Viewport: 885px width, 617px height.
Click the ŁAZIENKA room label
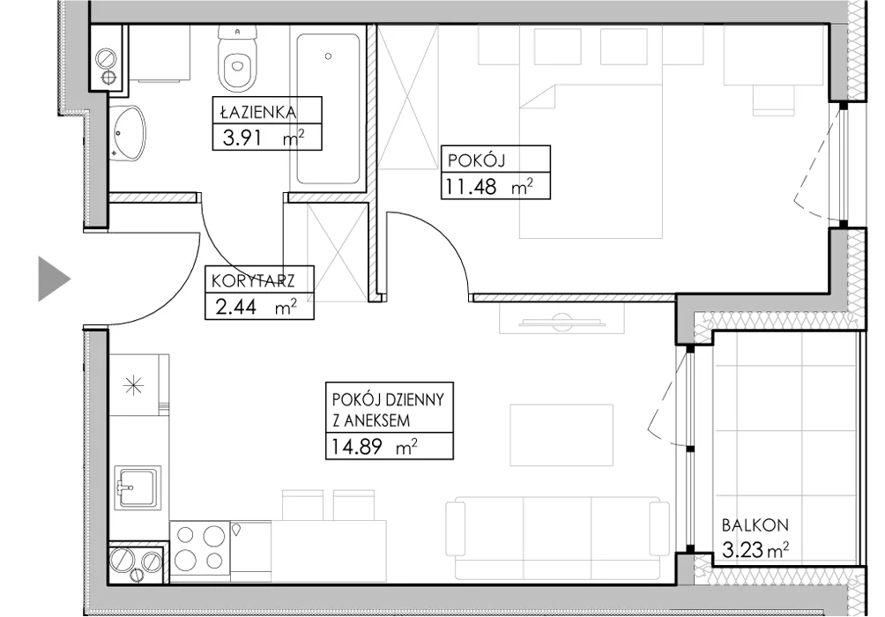coord(258,112)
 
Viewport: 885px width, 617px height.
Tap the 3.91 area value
coord(242,138)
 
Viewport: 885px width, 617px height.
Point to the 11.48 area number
coord(471,186)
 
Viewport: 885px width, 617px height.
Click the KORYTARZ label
coord(253,280)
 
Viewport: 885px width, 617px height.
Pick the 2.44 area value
coord(236,307)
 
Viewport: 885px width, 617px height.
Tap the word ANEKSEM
coord(371,420)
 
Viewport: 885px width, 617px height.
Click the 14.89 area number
coord(356,447)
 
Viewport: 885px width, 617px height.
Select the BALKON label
coord(755,525)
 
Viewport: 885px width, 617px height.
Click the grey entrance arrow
coord(54,279)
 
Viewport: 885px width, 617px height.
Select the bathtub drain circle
coord(328,56)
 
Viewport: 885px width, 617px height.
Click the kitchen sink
coord(138,487)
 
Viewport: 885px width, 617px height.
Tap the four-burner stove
coord(200,547)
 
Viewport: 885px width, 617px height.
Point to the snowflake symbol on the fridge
coord(134,386)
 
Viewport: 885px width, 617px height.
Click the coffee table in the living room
coord(561,435)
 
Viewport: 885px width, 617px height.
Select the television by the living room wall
coord(561,323)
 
